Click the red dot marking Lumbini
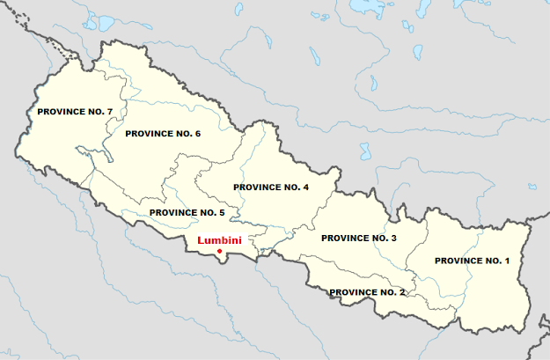pyautogui.click(x=218, y=253)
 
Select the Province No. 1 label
pyautogui.click(x=472, y=261)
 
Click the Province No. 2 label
pyautogui.click(x=366, y=291)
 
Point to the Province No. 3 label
pyautogui.click(x=358, y=239)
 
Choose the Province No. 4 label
pyautogui.click(x=270, y=187)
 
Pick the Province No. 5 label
pyautogui.click(x=187, y=213)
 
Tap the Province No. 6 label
pyautogui.click(x=164, y=134)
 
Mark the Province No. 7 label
pyautogui.click(x=75, y=112)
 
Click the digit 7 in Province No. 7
pyautogui.click(x=110, y=112)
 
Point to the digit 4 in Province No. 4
pyautogui.click(x=305, y=187)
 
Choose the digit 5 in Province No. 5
pyautogui.click(x=223, y=213)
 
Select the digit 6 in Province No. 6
pyautogui.click(x=199, y=134)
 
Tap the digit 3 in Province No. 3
pyautogui.click(x=393, y=239)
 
